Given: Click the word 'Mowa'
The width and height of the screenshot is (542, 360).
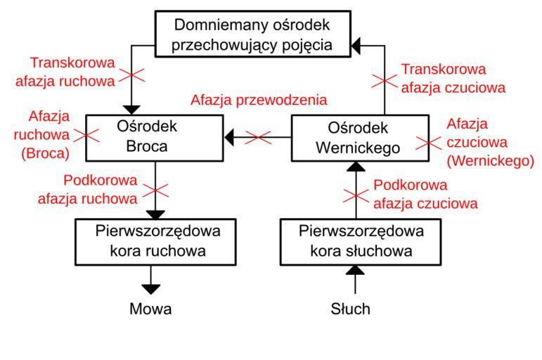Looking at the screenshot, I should pos(150,309).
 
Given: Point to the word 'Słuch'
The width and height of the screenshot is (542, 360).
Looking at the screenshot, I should pos(350,309).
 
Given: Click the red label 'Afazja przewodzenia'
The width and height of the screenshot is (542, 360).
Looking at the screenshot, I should pos(259,99).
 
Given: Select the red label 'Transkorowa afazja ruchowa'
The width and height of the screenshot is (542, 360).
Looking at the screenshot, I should pos(65,72).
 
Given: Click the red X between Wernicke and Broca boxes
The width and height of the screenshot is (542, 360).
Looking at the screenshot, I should pos(257,138).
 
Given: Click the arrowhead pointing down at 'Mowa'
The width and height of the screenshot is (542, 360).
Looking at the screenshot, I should pos(150,288).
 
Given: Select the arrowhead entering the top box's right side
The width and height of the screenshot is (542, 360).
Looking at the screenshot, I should pos(358,46).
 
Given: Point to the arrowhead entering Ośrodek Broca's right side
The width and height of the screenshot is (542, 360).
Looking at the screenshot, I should pos(228,138).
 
